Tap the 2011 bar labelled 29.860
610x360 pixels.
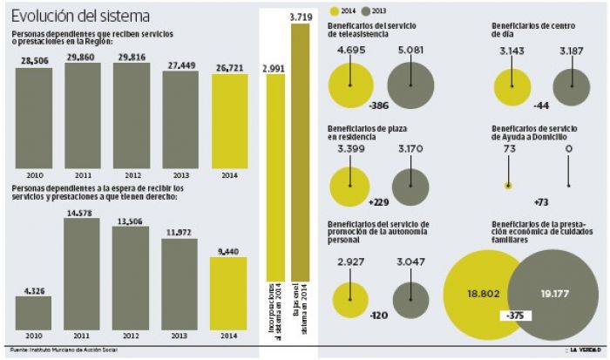pyautogui.click(x=83, y=112)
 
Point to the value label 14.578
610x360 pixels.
pyautogui.click(x=82, y=213)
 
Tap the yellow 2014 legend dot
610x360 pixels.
pyautogui.click(x=334, y=10)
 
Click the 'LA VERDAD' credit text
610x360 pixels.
pyautogui.click(x=586, y=351)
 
